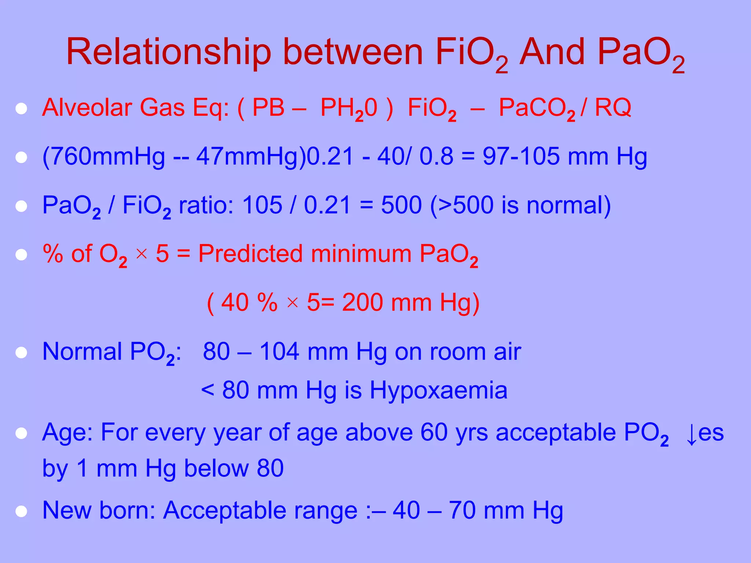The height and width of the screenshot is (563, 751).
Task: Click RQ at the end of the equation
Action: [613, 108]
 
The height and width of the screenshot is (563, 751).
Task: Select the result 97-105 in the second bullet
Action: [521, 157]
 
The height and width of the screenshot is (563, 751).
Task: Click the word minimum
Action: [361, 254]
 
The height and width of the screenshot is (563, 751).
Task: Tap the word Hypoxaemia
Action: [439, 390]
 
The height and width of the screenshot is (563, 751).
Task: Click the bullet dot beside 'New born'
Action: [21, 511]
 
